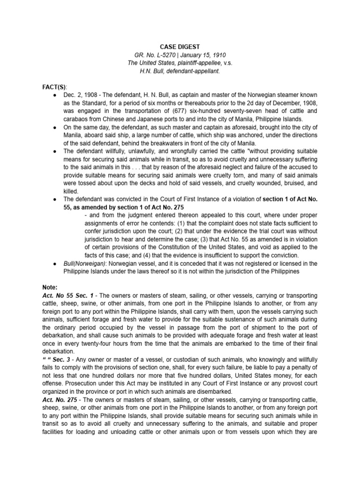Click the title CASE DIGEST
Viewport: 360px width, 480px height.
[x=180, y=47]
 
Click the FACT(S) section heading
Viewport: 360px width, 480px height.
[x=54, y=87]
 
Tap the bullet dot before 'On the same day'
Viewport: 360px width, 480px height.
[x=55, y=127]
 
